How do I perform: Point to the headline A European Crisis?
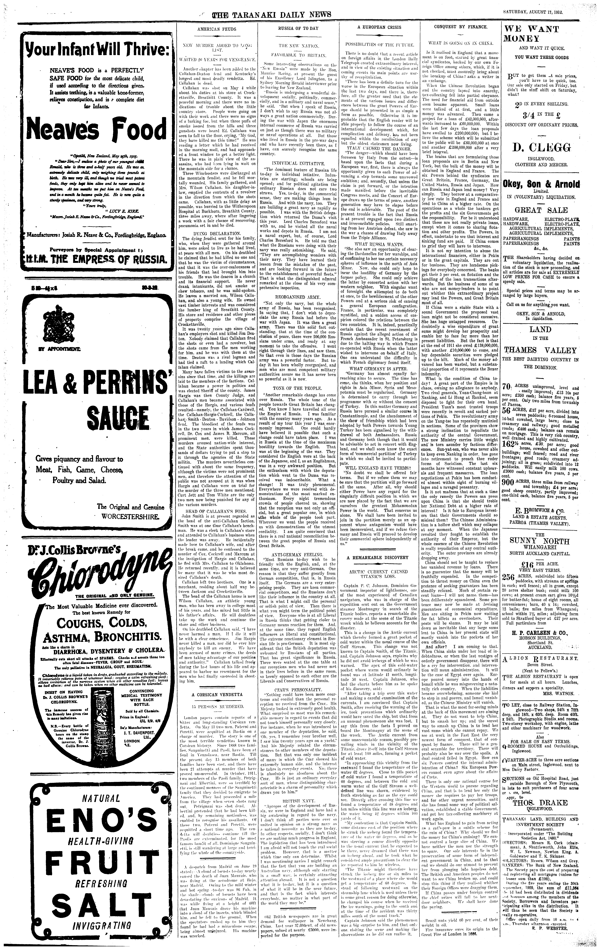pyautogui.click(x=379, y=28)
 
